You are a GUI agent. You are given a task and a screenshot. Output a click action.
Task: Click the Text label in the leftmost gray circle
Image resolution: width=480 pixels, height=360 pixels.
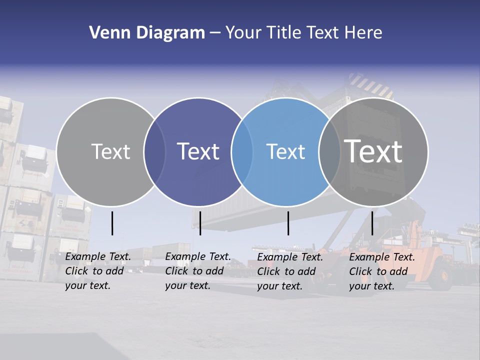pyautogui.click(x=110, y=151)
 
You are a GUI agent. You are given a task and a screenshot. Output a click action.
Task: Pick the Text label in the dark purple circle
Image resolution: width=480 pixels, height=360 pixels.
pyautogui.click(x=198, y=151)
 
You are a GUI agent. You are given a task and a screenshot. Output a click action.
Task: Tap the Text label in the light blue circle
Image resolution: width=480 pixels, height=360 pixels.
pyautogui.click(x=285, y=151)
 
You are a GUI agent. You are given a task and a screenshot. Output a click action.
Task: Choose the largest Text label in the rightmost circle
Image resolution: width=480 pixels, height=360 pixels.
pyautogui.click(x=373, y=151)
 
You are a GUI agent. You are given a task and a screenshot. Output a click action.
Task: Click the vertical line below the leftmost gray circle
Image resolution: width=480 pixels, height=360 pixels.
pyautogui.click(x=112, y=223)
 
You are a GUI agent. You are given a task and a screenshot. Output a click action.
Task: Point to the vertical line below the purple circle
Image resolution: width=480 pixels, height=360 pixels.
pyautogui.click(x=200, y=223)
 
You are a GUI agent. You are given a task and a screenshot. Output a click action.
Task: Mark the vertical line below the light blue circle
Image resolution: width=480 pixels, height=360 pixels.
pyautogui.click(x=288, y=223)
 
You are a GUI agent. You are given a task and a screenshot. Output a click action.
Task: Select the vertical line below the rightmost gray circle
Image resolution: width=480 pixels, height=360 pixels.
pyautogui.click(x=372, y=223)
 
